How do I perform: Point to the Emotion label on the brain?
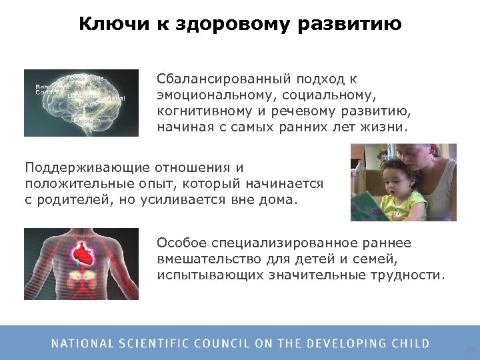[87, 120]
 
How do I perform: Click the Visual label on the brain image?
[115, 98]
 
